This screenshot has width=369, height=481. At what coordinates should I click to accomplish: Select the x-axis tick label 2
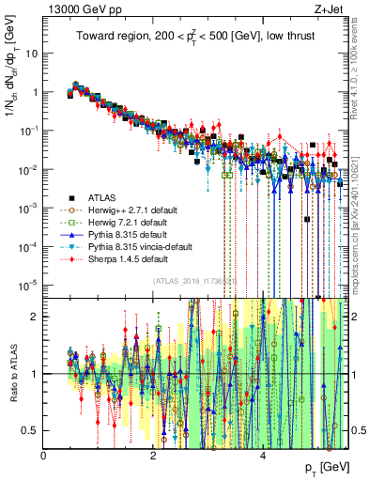click(153, 457)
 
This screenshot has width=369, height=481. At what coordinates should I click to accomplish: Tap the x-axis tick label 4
click(262, 457)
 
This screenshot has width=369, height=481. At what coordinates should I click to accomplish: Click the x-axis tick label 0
click(44, 457)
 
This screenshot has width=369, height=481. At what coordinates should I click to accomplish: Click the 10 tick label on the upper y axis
click(32, 53)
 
